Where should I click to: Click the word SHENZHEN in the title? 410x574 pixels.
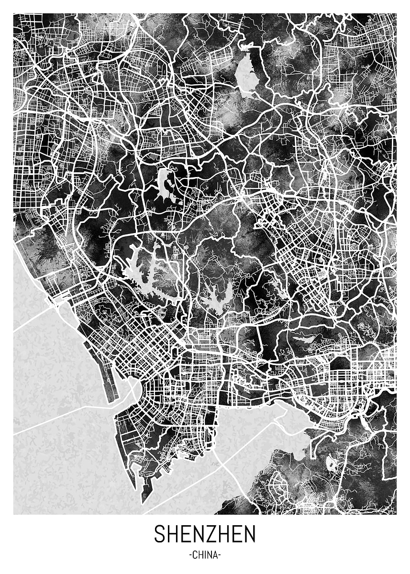point(205,534)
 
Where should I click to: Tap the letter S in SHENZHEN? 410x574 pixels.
point(160,534)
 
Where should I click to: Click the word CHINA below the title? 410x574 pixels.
point(205,555)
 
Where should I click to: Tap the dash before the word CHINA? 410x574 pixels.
point(190,556)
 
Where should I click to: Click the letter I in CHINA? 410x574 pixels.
point(205,555)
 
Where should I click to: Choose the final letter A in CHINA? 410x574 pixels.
point(215,555)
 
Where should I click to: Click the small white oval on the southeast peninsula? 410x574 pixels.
point(331,463)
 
